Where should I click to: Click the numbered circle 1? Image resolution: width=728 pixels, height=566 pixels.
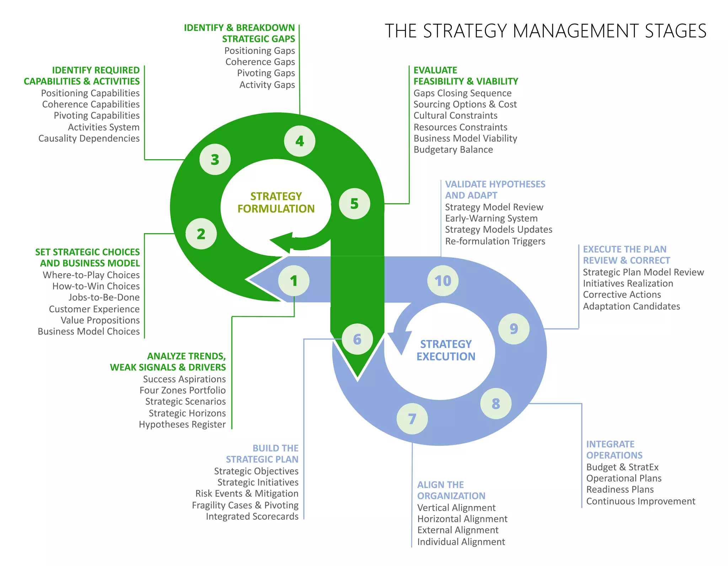coord(294,281)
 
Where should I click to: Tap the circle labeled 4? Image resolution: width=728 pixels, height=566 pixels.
coord(300,141)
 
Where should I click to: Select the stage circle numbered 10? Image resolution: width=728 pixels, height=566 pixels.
coord(443,281)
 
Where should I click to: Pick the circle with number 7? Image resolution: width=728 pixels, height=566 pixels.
coord(412,419)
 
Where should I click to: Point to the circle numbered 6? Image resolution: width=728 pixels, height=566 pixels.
coord(357,339)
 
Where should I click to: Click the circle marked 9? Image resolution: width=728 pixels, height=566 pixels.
coord(514,329)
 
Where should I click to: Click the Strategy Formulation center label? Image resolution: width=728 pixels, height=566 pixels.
coord(276,203)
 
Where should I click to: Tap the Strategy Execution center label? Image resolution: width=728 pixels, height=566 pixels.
coord(446,350)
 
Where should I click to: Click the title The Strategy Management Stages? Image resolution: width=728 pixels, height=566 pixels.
coord(545,31)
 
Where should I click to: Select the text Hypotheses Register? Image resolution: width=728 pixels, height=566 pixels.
coord(182,425)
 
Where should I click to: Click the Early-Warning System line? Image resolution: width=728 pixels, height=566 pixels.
coord(491,219)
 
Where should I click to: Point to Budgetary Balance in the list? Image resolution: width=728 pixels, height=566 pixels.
coord(453,150)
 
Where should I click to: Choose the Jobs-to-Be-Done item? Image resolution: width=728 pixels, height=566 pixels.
coord(104,297)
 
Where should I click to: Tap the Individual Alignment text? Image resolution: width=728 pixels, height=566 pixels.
coord(461,542)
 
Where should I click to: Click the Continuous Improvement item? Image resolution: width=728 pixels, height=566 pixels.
coord(641,501)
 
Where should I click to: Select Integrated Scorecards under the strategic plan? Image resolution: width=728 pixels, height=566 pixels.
coord(252,517)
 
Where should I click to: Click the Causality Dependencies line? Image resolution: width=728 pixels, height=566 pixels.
coord(89,139)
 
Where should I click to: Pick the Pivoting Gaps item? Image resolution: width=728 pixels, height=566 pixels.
coord(266,73)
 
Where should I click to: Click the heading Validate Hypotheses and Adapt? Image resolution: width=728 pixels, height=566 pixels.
coord(495,190)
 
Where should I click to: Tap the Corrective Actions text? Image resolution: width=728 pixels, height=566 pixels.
coord(622,295)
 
